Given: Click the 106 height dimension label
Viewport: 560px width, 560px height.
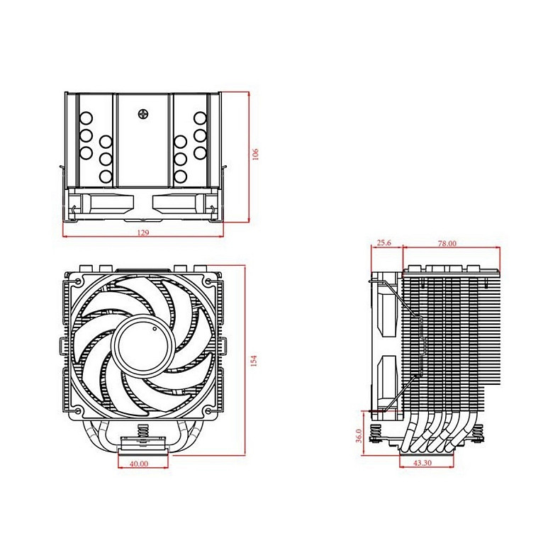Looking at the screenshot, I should click(257, 154).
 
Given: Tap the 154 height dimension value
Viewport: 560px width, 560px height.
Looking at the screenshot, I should click(253, 361).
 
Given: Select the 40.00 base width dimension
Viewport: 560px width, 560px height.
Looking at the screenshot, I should click(138, 464).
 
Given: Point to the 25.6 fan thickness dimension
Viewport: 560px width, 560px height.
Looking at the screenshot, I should click(384, 243).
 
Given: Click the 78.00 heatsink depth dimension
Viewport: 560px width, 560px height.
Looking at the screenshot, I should click(447, 243).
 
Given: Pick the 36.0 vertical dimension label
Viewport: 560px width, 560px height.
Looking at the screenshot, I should click(358, 435).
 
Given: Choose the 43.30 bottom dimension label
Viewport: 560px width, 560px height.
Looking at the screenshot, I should click(423, 464).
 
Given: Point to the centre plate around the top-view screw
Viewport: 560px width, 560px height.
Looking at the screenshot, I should click(145, 142).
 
